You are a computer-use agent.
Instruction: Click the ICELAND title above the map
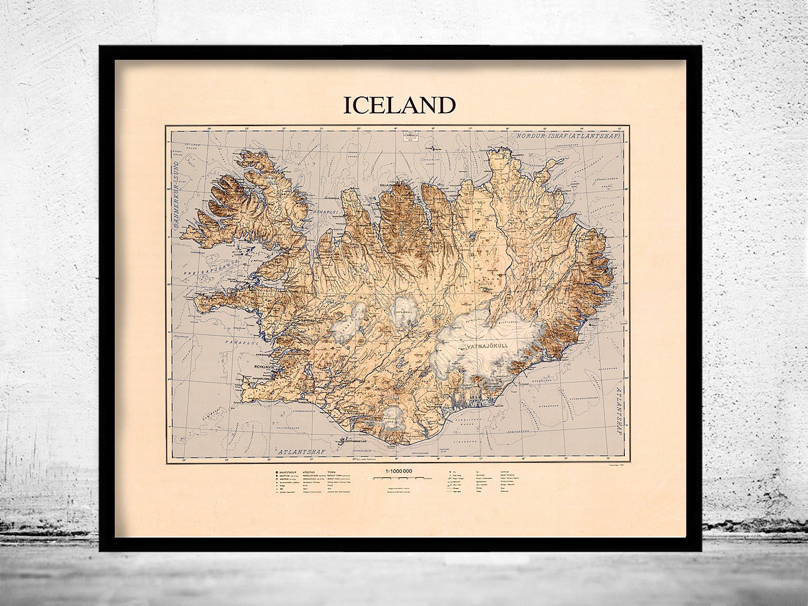pos(399,106)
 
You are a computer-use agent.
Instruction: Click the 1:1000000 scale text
pos(399,471)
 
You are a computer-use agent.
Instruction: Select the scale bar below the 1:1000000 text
pos(399,477)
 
